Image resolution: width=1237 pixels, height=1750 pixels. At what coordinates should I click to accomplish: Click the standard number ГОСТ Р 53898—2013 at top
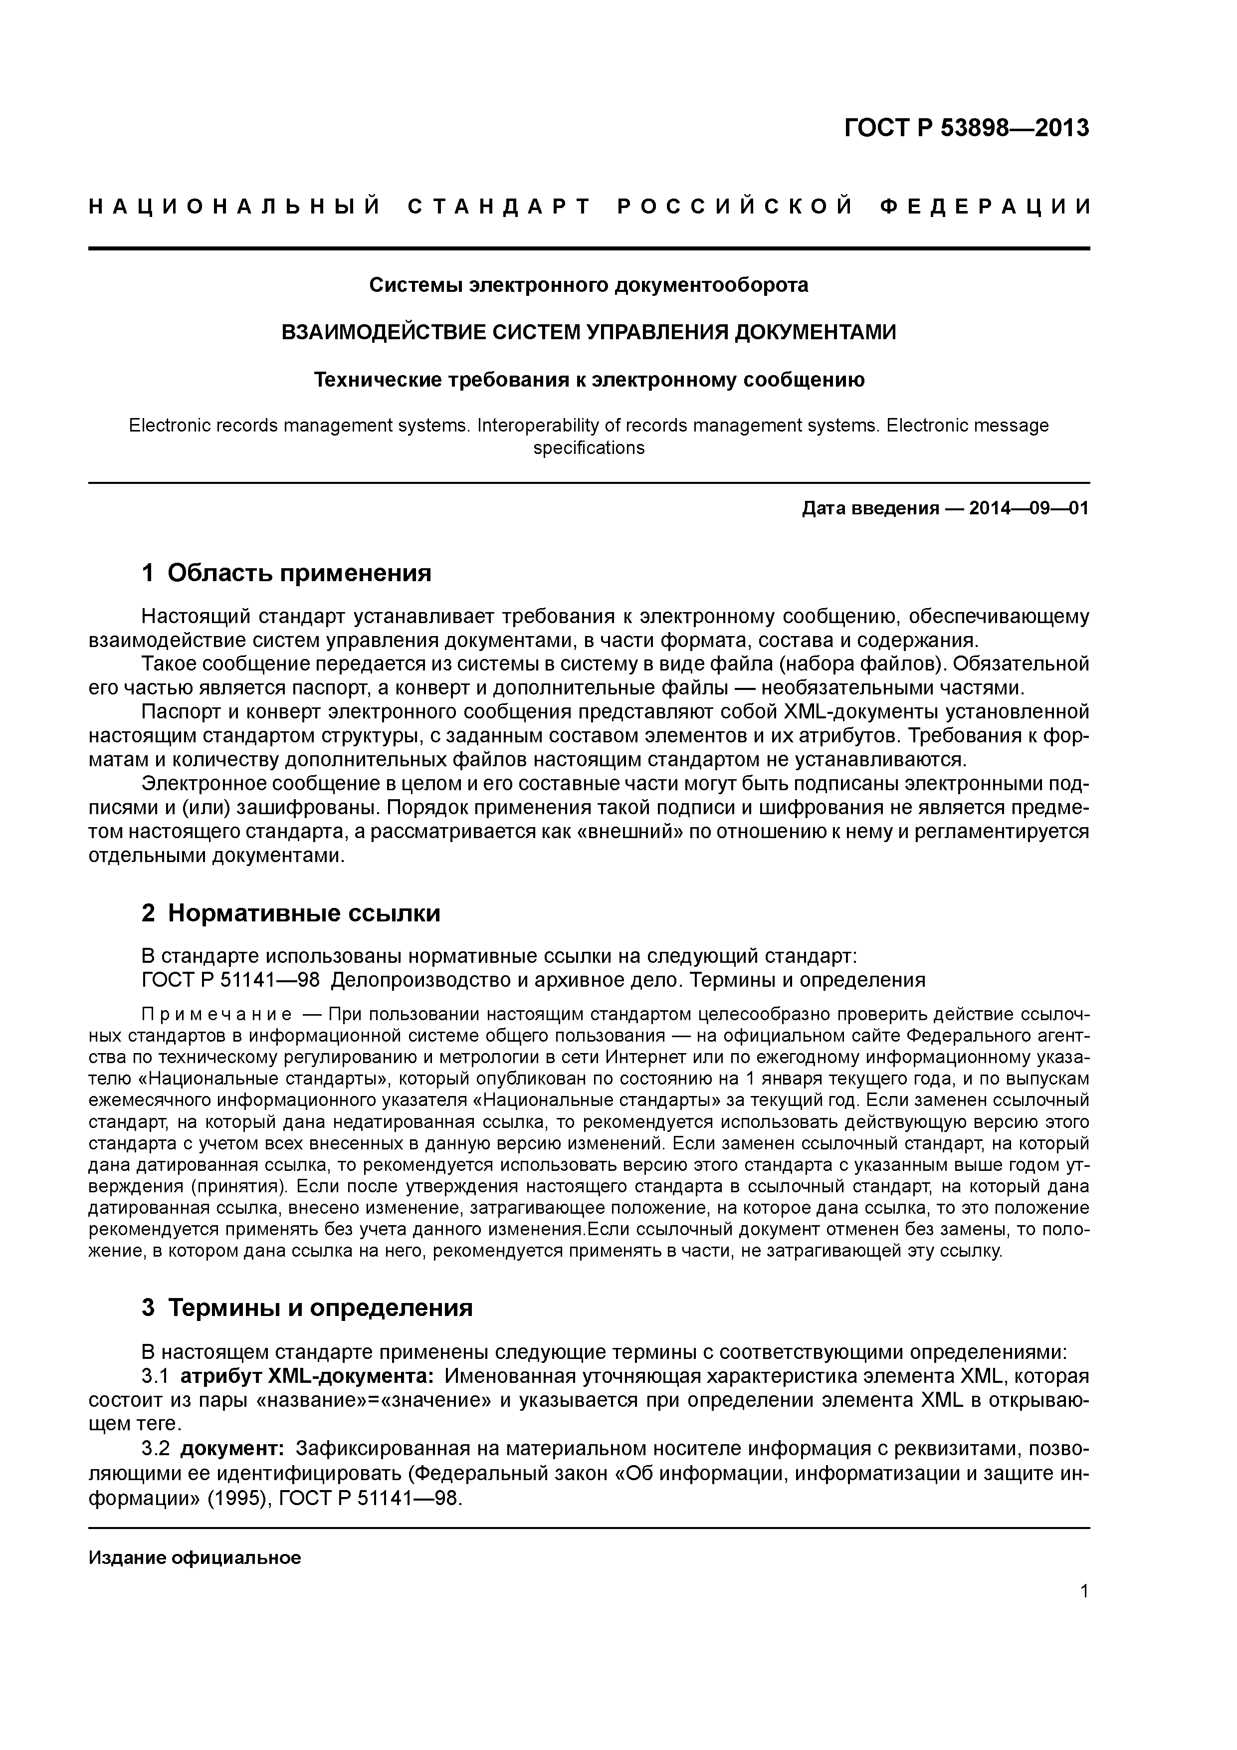[967, 128]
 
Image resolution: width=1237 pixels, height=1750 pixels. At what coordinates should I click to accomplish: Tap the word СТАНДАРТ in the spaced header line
[499, 207]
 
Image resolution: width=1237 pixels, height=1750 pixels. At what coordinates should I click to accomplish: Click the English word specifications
[589, 448]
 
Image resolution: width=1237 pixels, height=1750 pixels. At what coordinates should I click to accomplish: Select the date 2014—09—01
[1029, 508]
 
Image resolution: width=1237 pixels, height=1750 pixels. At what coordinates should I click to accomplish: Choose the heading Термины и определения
[320, 1308]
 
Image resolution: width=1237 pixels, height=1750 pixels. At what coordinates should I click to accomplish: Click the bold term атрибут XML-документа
[308, 1376]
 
